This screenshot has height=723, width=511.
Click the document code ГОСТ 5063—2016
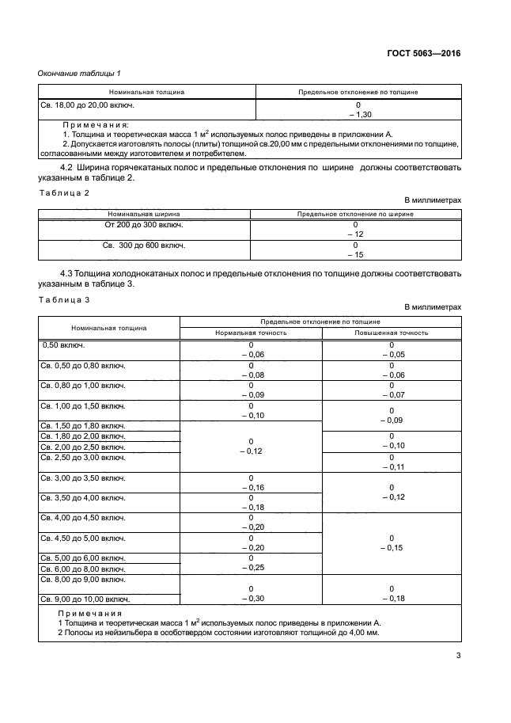pyautogui.click(x=423, y=54)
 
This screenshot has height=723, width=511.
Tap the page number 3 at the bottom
pyautogui.click(x=458, y=655)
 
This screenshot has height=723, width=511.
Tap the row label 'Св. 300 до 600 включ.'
pyautogui.click(x=144, y=245)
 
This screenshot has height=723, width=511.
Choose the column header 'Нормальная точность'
pyautogui.click(x=251, y=333)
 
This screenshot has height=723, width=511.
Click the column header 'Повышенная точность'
pyautogui.click(x=391, y=333)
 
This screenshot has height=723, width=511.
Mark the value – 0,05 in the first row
pyautogui.click(x=391, y=356)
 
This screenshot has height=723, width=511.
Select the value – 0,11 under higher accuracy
pyautogui.click(x=391, y=467)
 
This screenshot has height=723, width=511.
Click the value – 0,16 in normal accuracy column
pyautogui.click(x=251, y=488)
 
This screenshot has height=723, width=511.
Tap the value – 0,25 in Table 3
pyautogui.click(x=251, y=568)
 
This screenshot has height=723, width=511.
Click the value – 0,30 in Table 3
pyautogui.click(x=251, y=599)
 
